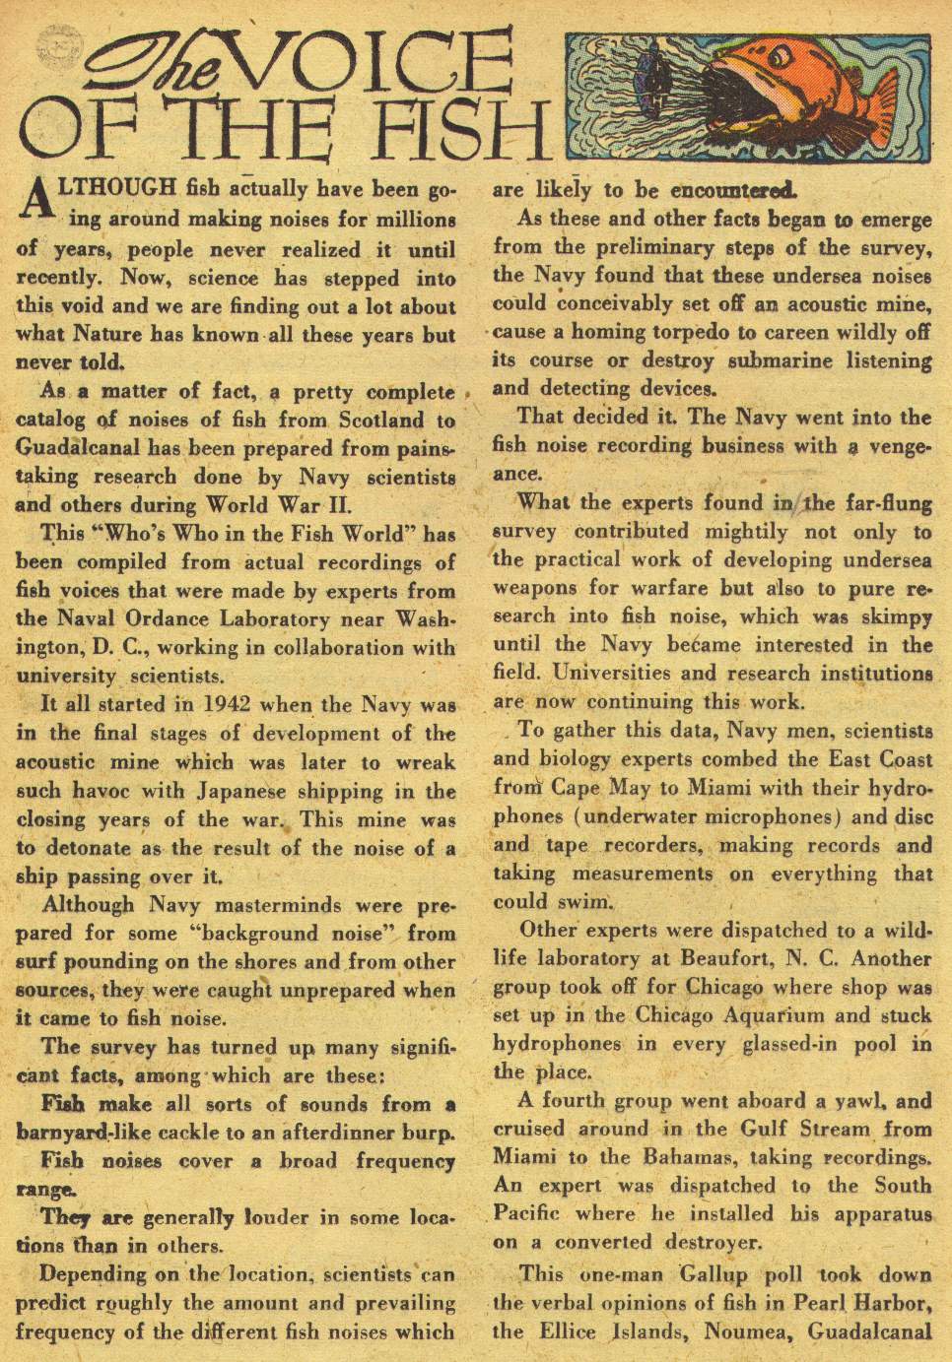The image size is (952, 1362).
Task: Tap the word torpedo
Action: tap(688, 332)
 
